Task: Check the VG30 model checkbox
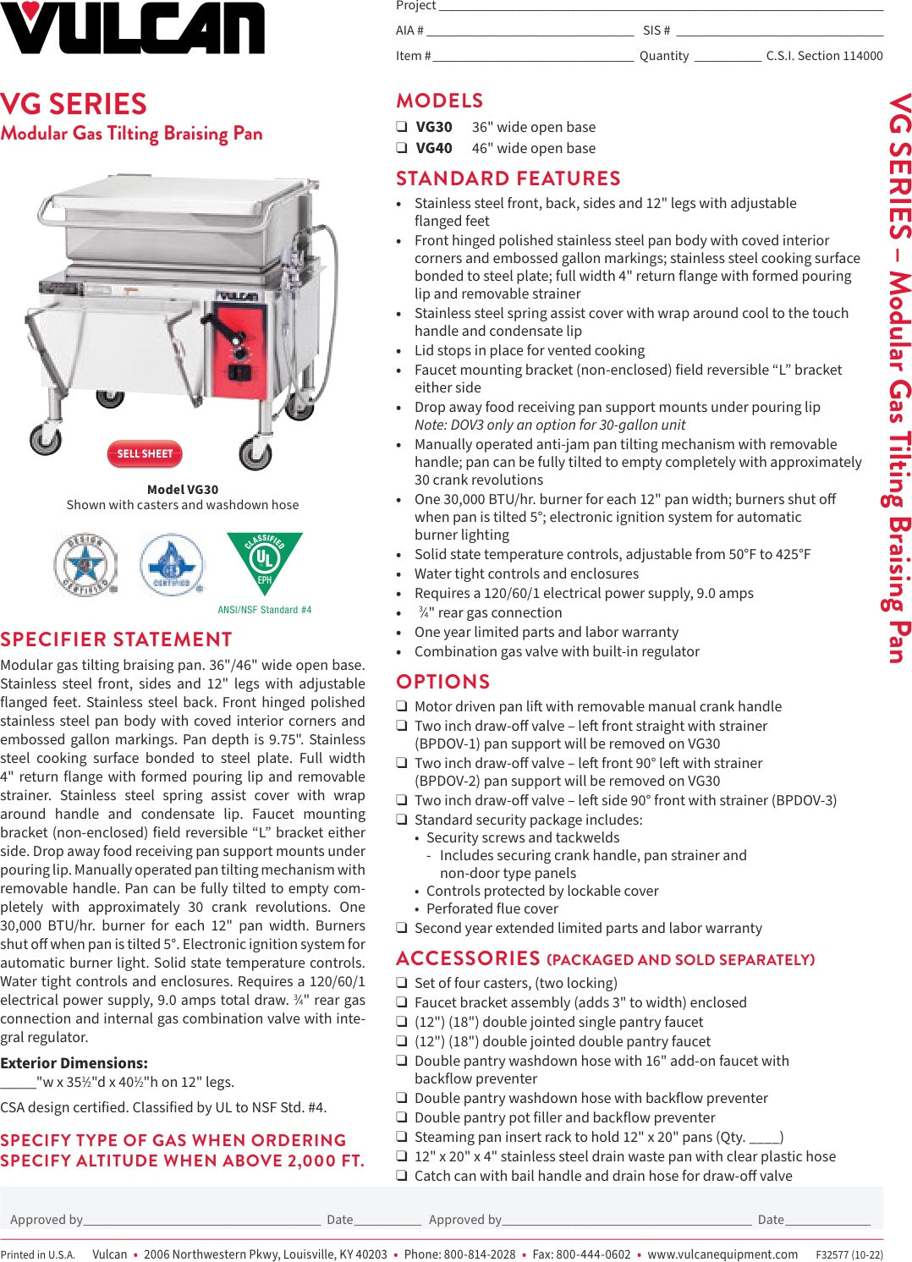tap(402, 127)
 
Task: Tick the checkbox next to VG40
tap(402, 148)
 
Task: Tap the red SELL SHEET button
tap(145, 454)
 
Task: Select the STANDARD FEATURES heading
tap(508, 178)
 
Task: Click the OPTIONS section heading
tap(442, 682)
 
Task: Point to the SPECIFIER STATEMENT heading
tap(116, 639)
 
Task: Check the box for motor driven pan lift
tap(402, 706)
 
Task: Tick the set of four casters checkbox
tap(402, 983)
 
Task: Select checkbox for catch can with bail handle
tap(402, 1176)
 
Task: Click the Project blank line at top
tap(660, 7)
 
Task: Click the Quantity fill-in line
tap(728, 58)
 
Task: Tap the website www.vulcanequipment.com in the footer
tap(722, 1254)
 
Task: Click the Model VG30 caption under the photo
tap(183, 490)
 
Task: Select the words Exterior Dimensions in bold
tap(74, 1063)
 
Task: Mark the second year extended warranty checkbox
tap(402, 928)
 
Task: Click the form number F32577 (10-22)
tap(849, 1255)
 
